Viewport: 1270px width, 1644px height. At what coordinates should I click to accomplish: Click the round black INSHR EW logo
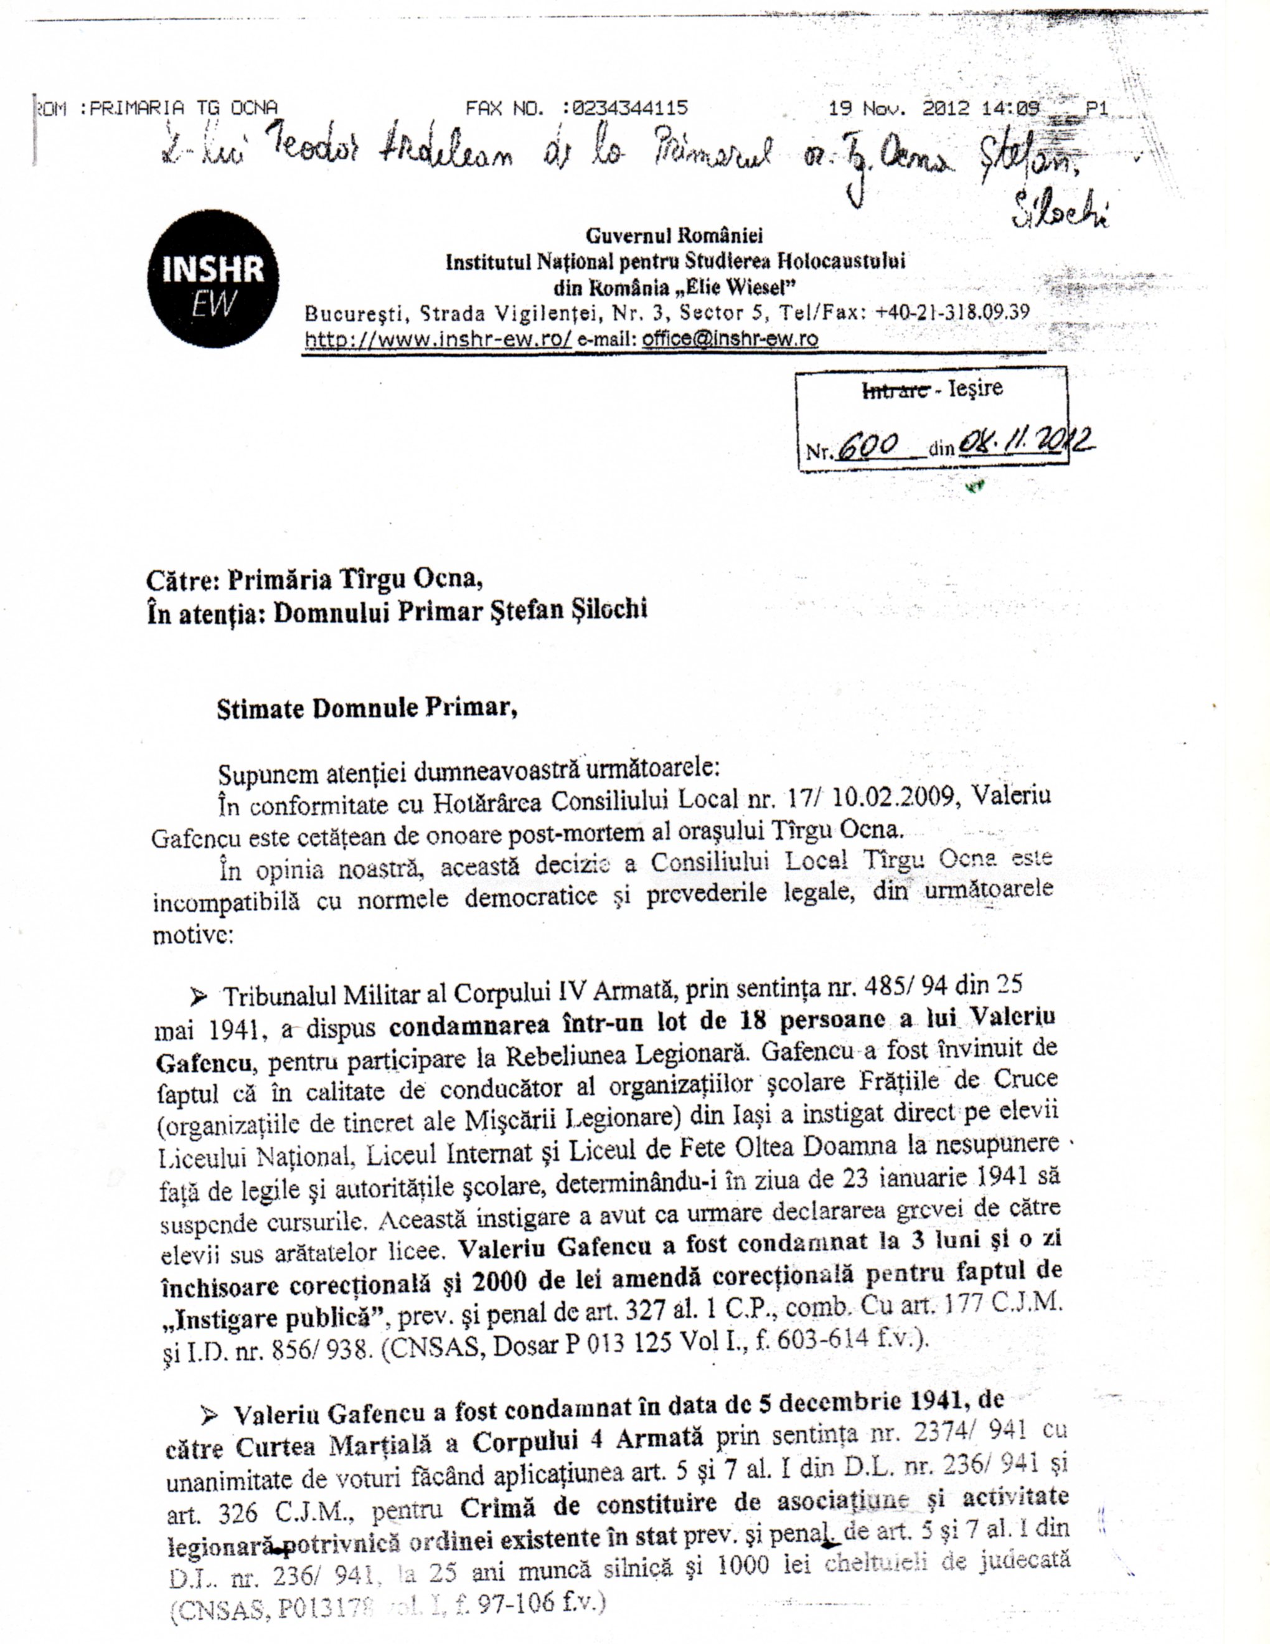click(213, 279)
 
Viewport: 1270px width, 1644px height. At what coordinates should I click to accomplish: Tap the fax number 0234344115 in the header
click(630, 108)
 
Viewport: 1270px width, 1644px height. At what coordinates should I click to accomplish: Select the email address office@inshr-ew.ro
click(730, 339)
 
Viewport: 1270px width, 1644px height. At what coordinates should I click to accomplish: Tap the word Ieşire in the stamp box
click(976, 389)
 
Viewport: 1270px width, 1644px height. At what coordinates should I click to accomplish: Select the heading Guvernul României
click(674, 235)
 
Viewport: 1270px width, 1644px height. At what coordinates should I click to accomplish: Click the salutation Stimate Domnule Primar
click(367, 709)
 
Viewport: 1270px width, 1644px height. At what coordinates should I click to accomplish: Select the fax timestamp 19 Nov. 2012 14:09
click(934, 108)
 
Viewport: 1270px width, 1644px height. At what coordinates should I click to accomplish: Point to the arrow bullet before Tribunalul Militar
click(199, 998)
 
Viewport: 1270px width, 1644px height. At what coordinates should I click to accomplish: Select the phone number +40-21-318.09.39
click(952, 313)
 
